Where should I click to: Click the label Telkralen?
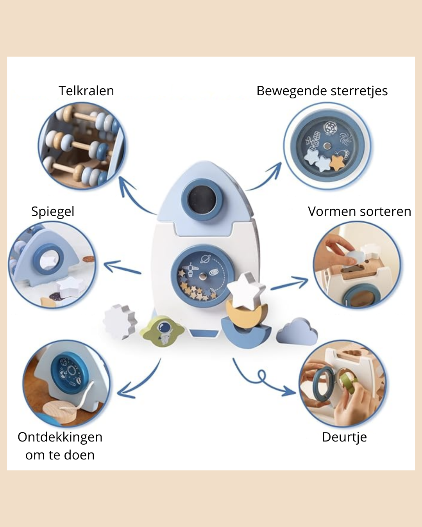coord(86,91)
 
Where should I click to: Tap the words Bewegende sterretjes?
coord(322,91)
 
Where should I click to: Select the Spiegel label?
coord(53,212)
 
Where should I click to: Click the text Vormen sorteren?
coord(359,212)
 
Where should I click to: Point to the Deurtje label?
coord(344,437)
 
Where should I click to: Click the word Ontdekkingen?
coord(60,437)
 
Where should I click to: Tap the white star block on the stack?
coord(245,290)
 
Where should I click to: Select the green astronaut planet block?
coord(163,331)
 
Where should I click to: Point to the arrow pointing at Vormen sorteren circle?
coord(290,284)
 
